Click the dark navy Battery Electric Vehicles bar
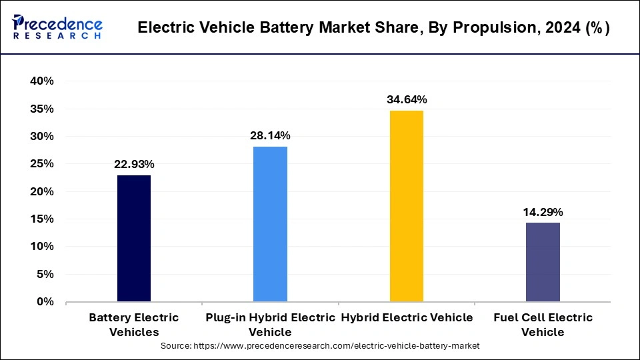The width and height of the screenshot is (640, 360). pyautogui.click(x=134, y=239)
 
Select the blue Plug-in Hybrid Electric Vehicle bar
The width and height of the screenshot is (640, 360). pyautogui.click(x=270, y=224)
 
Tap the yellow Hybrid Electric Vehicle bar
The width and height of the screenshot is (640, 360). pyautogui.click(x=406, y=206)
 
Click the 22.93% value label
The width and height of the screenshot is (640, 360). pyautogui.click(x=134, y=164)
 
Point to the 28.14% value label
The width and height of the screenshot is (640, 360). pyautogui.click(x=270, y=136)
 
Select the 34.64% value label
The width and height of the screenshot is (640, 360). pyautogui.click(x=407, y=99)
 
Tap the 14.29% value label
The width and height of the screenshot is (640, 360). pyautogui.click(x=543, y=212)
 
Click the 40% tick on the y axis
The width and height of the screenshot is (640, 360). pyautogui.click(x=41, y=81)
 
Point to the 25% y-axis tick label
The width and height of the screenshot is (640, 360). pyautogui.click(x=41, y=164)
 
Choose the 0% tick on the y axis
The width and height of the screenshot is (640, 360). pyautogui.click(x=45, y=302)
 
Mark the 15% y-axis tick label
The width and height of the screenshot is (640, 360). pyautogui.click(x=41, y=219)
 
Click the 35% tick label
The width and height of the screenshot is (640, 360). pyautogui.click(x=41, y=109)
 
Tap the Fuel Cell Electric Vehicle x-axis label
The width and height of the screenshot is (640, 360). pyautogui.click(x=543, y=325)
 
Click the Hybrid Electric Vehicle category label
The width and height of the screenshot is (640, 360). pyautogui.click(x=407, y=318)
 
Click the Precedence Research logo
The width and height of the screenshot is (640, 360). pyautogui.click(x=57, y=28)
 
